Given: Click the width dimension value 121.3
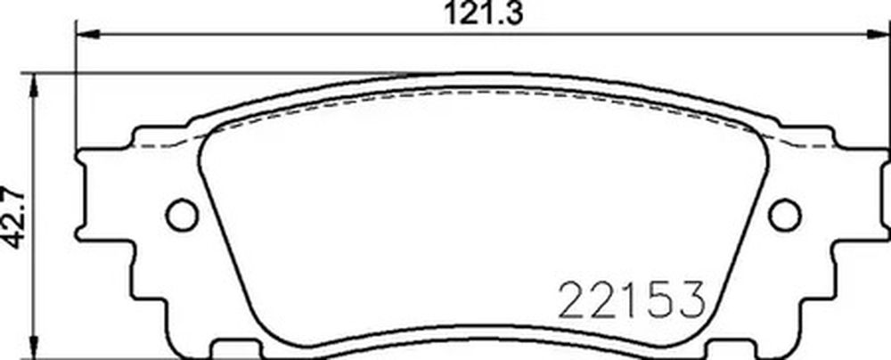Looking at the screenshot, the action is [x=483, y=13].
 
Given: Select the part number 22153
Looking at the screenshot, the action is [x=632, y=299].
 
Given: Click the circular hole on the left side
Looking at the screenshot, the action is [x=182, y=215].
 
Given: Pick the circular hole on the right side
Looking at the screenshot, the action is [x=785, y=215].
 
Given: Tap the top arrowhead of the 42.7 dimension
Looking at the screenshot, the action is [x=36, y=86].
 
